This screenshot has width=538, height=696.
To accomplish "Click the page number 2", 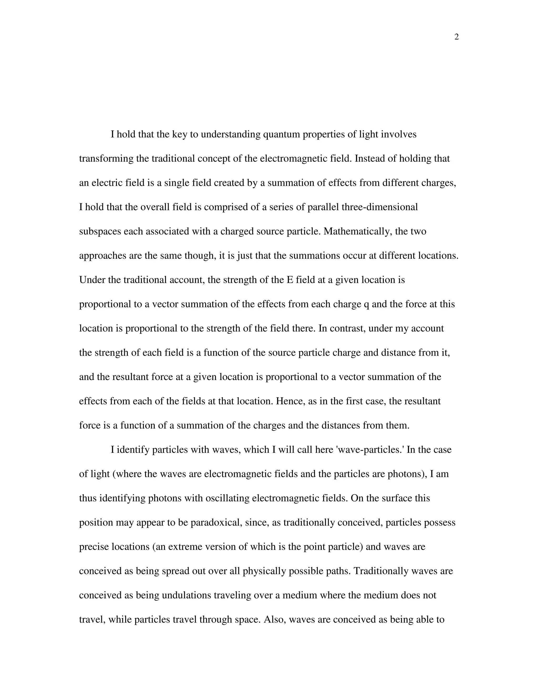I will [x=456, y=37].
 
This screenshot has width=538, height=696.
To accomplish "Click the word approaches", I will [x=103, y=256].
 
